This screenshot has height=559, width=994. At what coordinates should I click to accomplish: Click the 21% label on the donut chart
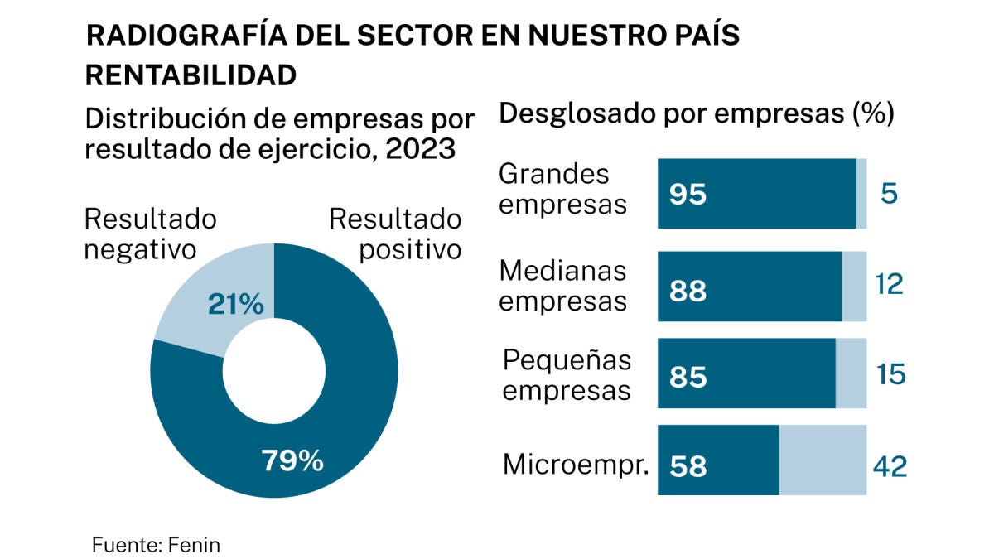point(234,305)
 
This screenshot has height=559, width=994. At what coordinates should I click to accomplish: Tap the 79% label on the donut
point(292,460)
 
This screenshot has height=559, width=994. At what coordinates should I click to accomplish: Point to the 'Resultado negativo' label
point(151,234)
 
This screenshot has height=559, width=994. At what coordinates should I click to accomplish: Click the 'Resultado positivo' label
point(395,234)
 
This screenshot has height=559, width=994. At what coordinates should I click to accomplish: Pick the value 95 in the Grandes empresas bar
point(688,195)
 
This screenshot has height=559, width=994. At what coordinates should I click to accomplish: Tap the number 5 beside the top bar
point(889,194)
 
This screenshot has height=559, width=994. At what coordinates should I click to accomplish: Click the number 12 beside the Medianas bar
point(889,285)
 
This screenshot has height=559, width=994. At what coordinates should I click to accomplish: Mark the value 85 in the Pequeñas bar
point(688,377)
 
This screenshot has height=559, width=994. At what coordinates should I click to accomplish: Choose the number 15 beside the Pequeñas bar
point(890,375)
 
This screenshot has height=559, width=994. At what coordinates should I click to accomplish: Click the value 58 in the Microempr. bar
point(688,466)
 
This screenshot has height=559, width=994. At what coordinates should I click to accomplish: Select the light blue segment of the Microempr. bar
point(822,460)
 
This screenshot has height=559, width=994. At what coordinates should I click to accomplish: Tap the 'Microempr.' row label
point(575,465)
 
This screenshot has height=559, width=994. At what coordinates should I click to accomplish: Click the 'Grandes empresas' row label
point(562,189)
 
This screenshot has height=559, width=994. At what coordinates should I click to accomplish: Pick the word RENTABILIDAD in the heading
point(191,75)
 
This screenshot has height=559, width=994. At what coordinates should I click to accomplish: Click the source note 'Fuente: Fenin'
point(156,545)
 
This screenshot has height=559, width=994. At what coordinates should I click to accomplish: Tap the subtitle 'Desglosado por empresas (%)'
point(696,113)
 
